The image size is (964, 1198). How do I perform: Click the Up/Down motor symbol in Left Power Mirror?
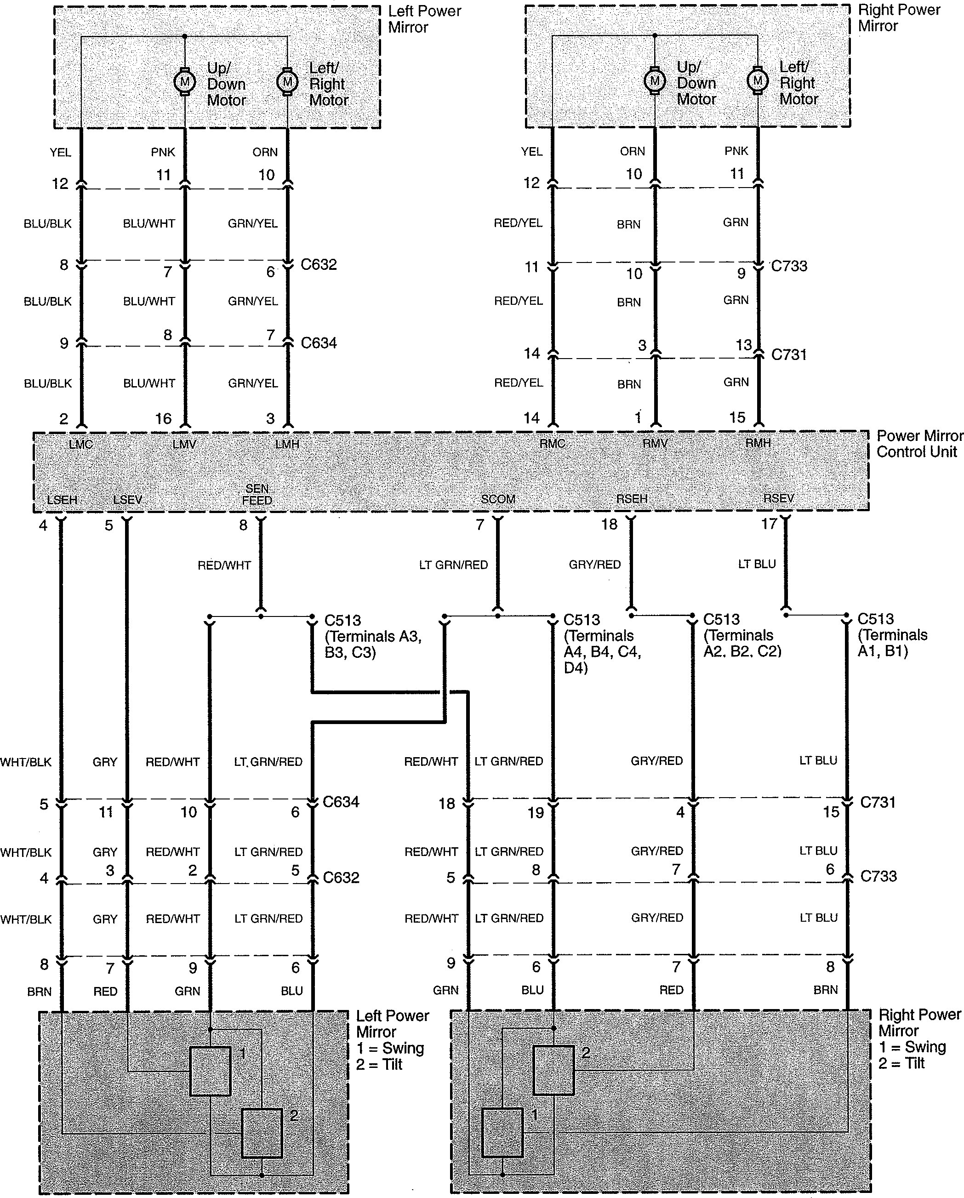pyautogui.click(x=184, y=82)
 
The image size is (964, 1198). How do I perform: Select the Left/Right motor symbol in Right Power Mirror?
pyautogui.click(x=757, y=80)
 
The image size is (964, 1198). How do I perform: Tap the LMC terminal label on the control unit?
pyautogui.click(x=80, y=445)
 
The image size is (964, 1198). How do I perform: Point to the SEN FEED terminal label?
pyautogui.click(x=257, y=494)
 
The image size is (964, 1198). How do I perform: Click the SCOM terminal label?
pyautogui.click(x=498, y=499)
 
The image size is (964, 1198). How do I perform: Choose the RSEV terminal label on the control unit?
pyautogui.click(x=778, y=498)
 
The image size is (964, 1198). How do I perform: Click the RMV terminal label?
pyautogui.click(x=655, y=444)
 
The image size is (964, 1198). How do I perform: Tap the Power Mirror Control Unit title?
pyautogui.click(x=919, y=444)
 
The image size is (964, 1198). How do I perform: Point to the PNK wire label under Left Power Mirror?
pyautogui.click(x=163, y=152)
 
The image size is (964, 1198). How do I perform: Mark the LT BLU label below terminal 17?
pyautogui.click(x=757, y=564)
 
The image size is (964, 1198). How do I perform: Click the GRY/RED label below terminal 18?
pyautogui.click(x=594, y=565)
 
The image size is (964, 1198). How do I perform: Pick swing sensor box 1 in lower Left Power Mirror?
pyautogui.click(x=211, y=1071)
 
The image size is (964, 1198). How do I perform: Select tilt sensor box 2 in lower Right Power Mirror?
pyautogui.click(x=553, y=1070)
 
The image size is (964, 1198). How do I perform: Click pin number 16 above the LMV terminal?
pyautogui.click(x=163, y=418)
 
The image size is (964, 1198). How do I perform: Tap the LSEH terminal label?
pyautogui.click(x=62, y=500)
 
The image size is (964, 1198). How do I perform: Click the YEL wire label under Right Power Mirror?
pyautogui.click(x=532, y=152)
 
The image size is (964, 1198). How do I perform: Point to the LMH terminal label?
pyautogui.click(x=287, y=445)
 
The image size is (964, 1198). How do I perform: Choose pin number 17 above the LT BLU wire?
pyautogui.click(x=769, y=524)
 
